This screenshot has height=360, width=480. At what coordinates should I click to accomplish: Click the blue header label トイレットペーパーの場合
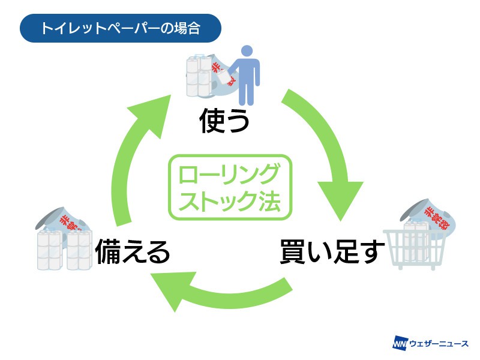point(121,28)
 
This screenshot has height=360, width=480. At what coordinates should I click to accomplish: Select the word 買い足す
point(329,253)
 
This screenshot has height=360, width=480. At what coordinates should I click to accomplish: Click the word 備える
point(133,253)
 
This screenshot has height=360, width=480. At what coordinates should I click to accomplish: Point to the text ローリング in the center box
point(229,175)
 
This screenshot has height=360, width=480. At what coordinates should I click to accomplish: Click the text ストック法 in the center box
point(229,201)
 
